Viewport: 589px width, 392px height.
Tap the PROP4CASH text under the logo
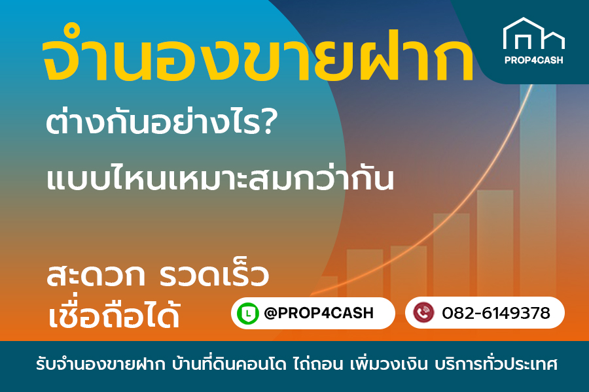coord(533,60)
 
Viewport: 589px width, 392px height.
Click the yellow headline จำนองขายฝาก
coord(257,62)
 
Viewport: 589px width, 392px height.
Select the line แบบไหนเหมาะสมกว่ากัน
coord(221,178)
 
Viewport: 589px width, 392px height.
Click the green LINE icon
coord(247,314)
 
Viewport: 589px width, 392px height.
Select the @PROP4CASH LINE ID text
coord(319,314)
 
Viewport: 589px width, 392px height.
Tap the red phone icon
coord(423,314)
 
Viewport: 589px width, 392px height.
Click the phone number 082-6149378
coord(495,314)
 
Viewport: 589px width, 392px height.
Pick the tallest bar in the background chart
coord(538,196)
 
